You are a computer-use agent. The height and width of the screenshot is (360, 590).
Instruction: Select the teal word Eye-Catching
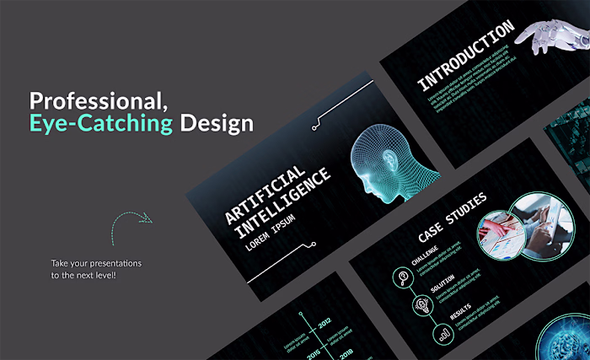101,124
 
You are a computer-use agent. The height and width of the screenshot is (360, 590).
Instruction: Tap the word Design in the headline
216,124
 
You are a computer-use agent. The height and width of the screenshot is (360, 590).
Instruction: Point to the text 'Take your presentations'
96,264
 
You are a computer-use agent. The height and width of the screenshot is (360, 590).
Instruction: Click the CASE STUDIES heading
452,218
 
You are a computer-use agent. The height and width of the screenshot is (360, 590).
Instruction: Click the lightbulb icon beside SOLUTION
421,304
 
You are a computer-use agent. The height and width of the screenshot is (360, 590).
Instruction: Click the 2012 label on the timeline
324,321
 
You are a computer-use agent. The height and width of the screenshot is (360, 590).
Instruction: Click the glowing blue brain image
565,337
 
